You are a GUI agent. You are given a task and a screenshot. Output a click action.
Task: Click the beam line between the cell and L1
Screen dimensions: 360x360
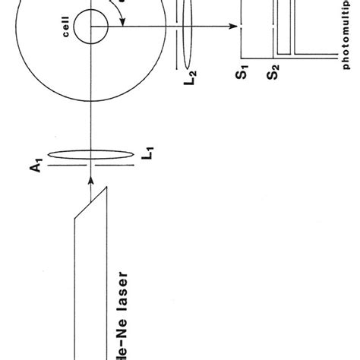pyautogui.click(x=90, y=114)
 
